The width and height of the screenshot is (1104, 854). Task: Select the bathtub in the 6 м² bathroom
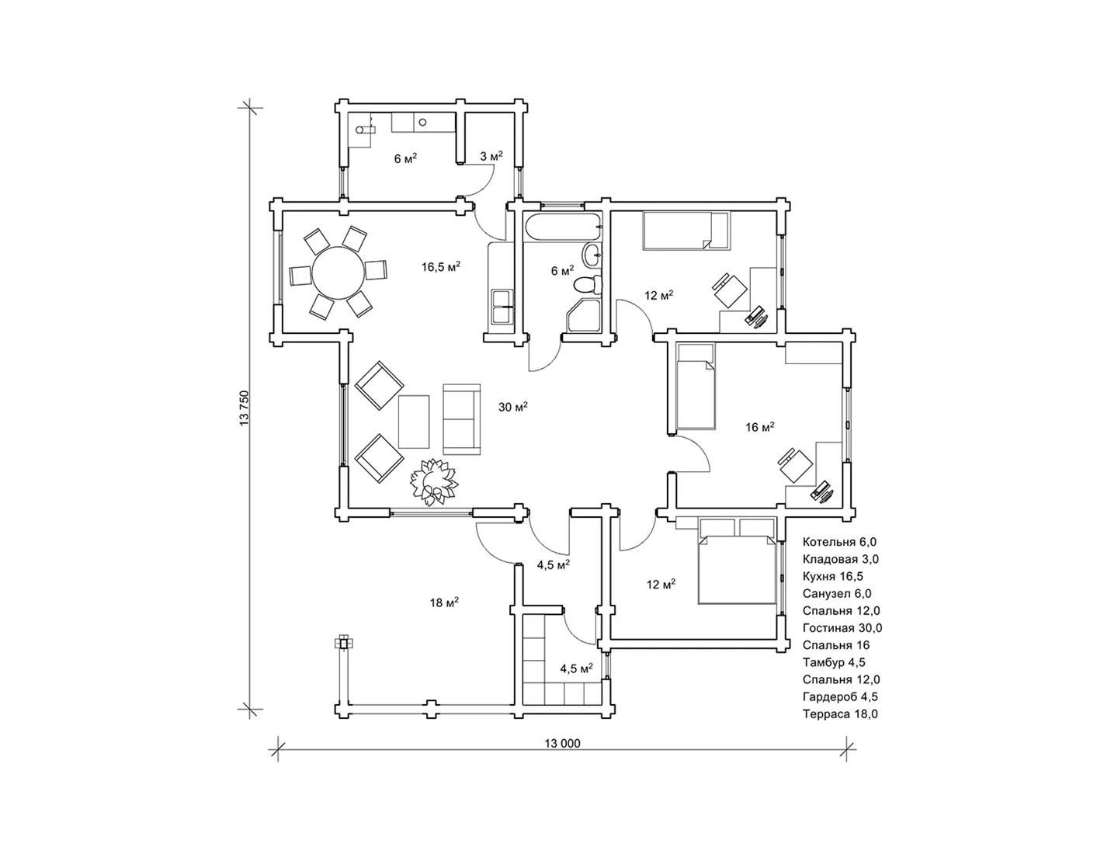click(x=563, y=227)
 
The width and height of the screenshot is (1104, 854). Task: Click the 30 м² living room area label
click(x=512, y=407)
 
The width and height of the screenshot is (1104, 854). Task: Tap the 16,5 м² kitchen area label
click(x=441, y=267)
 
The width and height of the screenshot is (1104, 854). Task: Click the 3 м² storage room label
click(x=491, y=157)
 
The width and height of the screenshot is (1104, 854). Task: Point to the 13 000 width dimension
click(x=562, y=744)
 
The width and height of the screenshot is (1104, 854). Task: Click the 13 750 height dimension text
click(x=245, y=408)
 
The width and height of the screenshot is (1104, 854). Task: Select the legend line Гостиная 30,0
click(x=842, y=628)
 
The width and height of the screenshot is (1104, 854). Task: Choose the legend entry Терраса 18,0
click(x=840, y=713)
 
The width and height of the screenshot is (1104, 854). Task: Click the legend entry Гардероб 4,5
click(x=840, y=696)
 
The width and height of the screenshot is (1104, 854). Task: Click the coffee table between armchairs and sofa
click(x=414, y=422)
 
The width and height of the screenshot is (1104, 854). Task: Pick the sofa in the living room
click(x=462, y=419)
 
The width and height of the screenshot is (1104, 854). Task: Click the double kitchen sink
click(x=502, y=307)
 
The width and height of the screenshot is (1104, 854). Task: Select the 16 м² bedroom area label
click(x=760, y=427)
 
